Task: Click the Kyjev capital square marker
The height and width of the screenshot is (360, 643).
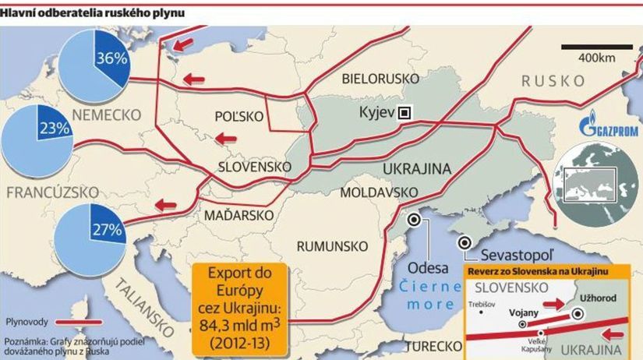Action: (x=404, y=112)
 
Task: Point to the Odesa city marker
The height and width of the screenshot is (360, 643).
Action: (x=415, y=221)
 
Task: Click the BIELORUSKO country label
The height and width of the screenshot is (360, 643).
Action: (x=381, y=79)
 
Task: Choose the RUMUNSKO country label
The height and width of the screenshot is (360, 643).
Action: (x=333, y=245)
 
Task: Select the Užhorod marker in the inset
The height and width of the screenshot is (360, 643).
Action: (x=578, y=313)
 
